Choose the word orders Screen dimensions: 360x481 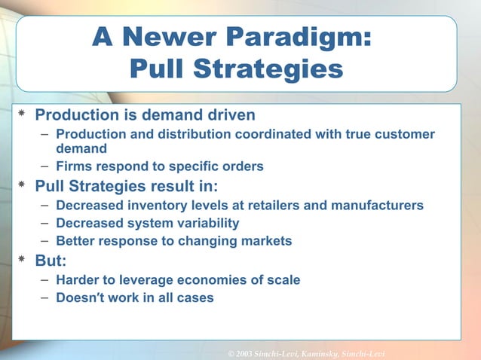point(244,166)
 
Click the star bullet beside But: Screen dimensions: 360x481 point(23,261)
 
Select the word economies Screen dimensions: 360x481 point(219,280)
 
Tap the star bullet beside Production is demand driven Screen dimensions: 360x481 point(23,115)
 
